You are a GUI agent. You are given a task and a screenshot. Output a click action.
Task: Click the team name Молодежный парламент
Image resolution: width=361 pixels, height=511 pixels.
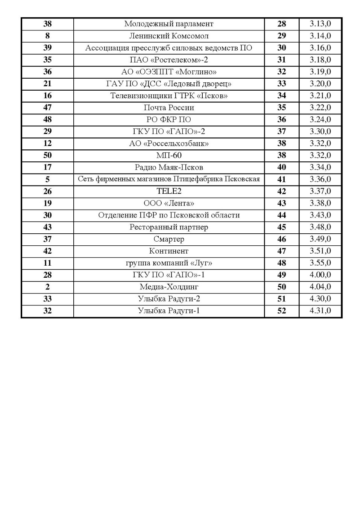(x=169, y=24)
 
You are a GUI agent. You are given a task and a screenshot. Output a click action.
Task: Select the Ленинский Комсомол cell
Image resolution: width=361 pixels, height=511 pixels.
(x=169, y=36)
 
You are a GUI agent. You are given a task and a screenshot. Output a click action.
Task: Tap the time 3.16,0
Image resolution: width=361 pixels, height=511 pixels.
(x=320, y=48)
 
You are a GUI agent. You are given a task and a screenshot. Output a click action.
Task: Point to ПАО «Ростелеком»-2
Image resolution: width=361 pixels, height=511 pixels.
(x=169, y=60)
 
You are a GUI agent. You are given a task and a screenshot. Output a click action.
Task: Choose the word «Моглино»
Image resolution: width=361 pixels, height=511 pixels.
(x=196, y=72)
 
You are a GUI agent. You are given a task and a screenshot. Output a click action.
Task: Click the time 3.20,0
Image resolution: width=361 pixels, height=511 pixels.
(x=320, y=84)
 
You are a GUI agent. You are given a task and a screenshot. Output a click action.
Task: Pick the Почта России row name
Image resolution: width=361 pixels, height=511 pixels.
(x=169, y=108)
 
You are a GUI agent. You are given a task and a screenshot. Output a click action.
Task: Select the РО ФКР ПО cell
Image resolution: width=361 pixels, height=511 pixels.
(x=169, y=120)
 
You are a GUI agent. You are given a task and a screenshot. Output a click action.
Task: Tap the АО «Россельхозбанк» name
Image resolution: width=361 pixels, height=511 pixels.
(x=169, y=143)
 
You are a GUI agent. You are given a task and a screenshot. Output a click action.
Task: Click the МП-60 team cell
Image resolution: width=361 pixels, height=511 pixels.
(x=169, y=155)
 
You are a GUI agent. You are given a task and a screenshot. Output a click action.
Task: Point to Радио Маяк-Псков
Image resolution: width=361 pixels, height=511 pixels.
(x=169, y=167)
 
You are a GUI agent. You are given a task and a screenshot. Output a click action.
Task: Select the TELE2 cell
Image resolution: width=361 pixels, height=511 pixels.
(x=169, y=191)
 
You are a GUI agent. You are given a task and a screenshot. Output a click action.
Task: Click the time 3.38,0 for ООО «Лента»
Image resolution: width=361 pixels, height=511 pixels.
(x=320, y=203)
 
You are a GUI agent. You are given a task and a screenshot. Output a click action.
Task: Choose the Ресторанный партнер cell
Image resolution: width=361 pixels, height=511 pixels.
(x=169, y=227)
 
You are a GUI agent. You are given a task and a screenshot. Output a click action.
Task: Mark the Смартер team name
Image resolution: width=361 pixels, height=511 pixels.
(x=169, y=239)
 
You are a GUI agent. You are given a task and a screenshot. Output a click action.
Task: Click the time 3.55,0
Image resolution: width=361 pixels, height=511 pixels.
(x=320, y=263)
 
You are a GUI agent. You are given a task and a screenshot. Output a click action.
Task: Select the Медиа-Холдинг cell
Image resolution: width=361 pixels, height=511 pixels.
(x=169, y=287)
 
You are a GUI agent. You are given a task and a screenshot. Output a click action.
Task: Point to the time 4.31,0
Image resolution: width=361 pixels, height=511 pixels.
(x=320, y=311)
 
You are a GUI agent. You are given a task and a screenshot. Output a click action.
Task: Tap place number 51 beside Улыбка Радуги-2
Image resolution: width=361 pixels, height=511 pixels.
(x=282, y=299)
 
